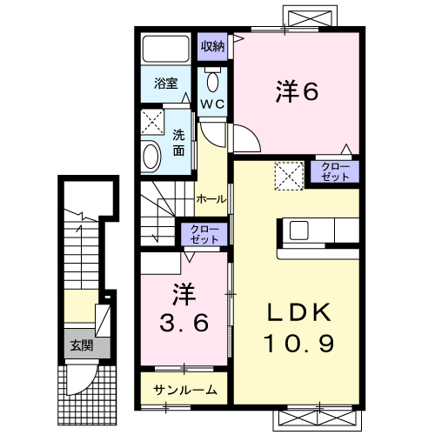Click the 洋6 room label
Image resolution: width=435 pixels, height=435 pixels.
(296, 90)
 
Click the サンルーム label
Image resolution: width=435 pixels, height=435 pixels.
(185, 391)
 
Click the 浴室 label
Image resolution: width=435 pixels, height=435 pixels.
(166, 86)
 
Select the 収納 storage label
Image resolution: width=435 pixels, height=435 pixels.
(213, 46)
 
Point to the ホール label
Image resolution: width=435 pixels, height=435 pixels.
(211, 198)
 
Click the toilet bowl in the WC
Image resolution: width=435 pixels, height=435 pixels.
(214, 82)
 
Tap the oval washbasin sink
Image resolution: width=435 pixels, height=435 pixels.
(151, 157)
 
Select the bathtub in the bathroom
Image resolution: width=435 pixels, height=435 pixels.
(166, 49)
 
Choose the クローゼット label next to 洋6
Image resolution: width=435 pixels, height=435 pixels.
(336, 171)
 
